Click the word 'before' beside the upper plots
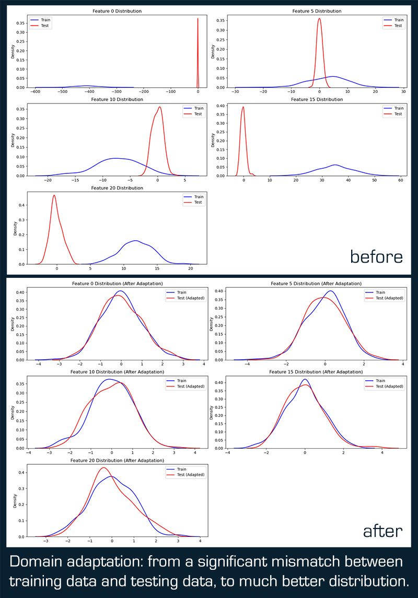376,256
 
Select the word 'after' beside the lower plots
382,531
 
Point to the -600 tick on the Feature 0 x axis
35,92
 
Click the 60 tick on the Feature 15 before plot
400,180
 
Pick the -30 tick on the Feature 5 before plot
236,92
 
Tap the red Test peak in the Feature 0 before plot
198,19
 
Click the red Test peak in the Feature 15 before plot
243,108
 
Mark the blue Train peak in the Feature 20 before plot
136,241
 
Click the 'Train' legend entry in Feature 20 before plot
194,197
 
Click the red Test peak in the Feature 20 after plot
103,467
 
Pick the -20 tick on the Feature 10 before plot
48,180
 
